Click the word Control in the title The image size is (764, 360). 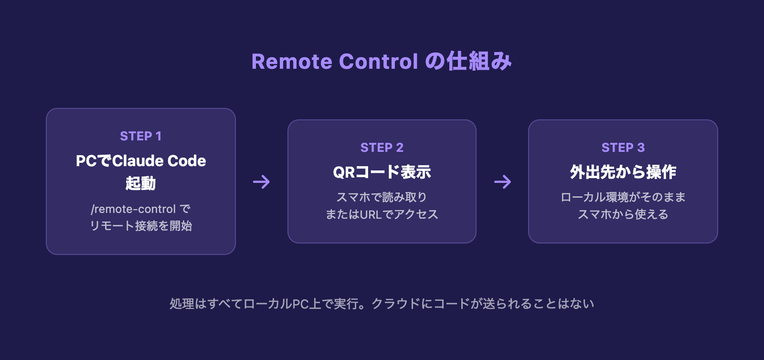point(379,62)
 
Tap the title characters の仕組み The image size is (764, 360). point(468,62)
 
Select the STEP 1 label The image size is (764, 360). point(141,136)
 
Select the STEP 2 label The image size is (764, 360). point(382,148)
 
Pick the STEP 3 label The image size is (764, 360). point(623,148)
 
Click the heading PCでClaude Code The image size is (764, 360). point(141,161)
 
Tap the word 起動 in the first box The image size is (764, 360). point(141,183)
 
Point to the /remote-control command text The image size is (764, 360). point(134,209)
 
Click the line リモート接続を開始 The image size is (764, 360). point(141,226)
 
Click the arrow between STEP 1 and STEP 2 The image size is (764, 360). point(262,182)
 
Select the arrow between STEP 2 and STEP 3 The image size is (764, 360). point(502,182)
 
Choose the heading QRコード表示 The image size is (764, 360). point(382,172)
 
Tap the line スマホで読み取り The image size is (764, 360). point(382,197)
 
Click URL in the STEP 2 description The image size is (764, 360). point(371,214)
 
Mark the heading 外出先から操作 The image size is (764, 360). point(623,172)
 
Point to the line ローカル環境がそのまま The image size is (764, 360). point(623,197)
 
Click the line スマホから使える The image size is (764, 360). point(623,214)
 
